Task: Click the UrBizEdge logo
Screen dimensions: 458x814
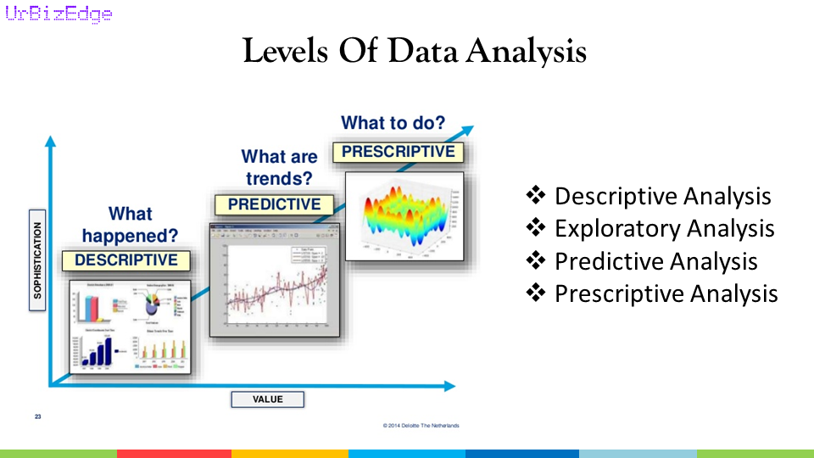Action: coord(59,14)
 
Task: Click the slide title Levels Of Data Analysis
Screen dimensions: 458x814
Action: coord(414,52)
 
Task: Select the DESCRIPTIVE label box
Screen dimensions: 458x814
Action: coord(126,260)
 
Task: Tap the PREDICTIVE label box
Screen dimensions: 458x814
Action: coord(274,204)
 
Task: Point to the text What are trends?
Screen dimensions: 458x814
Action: coord(279,168)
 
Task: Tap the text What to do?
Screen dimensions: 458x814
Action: coord(393,123)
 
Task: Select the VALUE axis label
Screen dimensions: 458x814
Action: coord(267,399)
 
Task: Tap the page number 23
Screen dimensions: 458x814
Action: coord(38,416)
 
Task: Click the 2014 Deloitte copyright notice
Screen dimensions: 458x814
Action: coord(421,425)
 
